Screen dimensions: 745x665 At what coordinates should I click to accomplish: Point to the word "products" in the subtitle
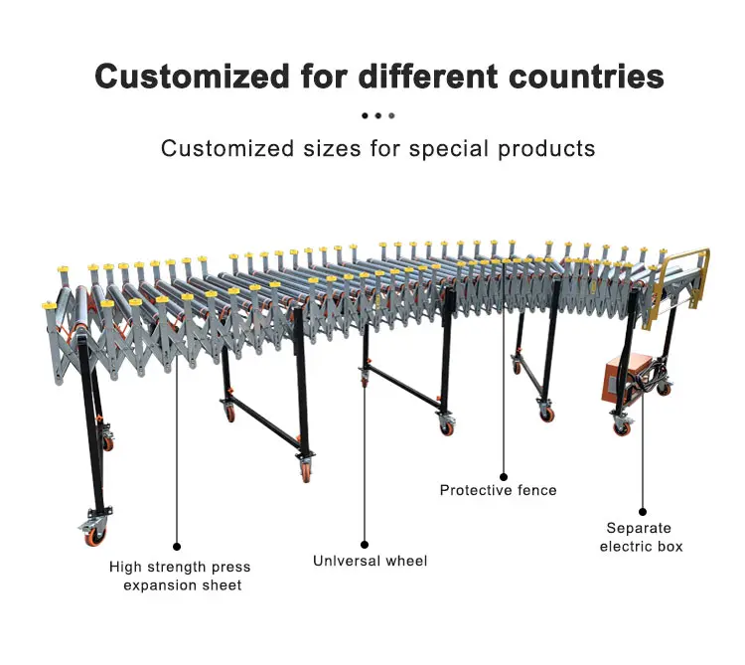click(x=547, y=149)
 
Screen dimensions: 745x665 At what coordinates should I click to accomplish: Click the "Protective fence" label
click(x=498, y=490)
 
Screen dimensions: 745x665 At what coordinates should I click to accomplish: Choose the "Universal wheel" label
click(x=370, y=562)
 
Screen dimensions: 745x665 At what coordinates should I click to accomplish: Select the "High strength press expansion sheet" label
click(x=180, y=576)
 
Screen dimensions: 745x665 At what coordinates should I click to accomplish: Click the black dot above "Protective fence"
click(x=504, y=477)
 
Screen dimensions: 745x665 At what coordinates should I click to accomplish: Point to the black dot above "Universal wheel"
click(x=364, y=545)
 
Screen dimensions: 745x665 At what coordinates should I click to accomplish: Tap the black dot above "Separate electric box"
click(x=643, y=511)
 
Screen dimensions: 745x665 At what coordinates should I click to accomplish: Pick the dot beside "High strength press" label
click(x=177, y=546)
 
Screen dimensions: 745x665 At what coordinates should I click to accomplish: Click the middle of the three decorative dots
click(x=378, y=115)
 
